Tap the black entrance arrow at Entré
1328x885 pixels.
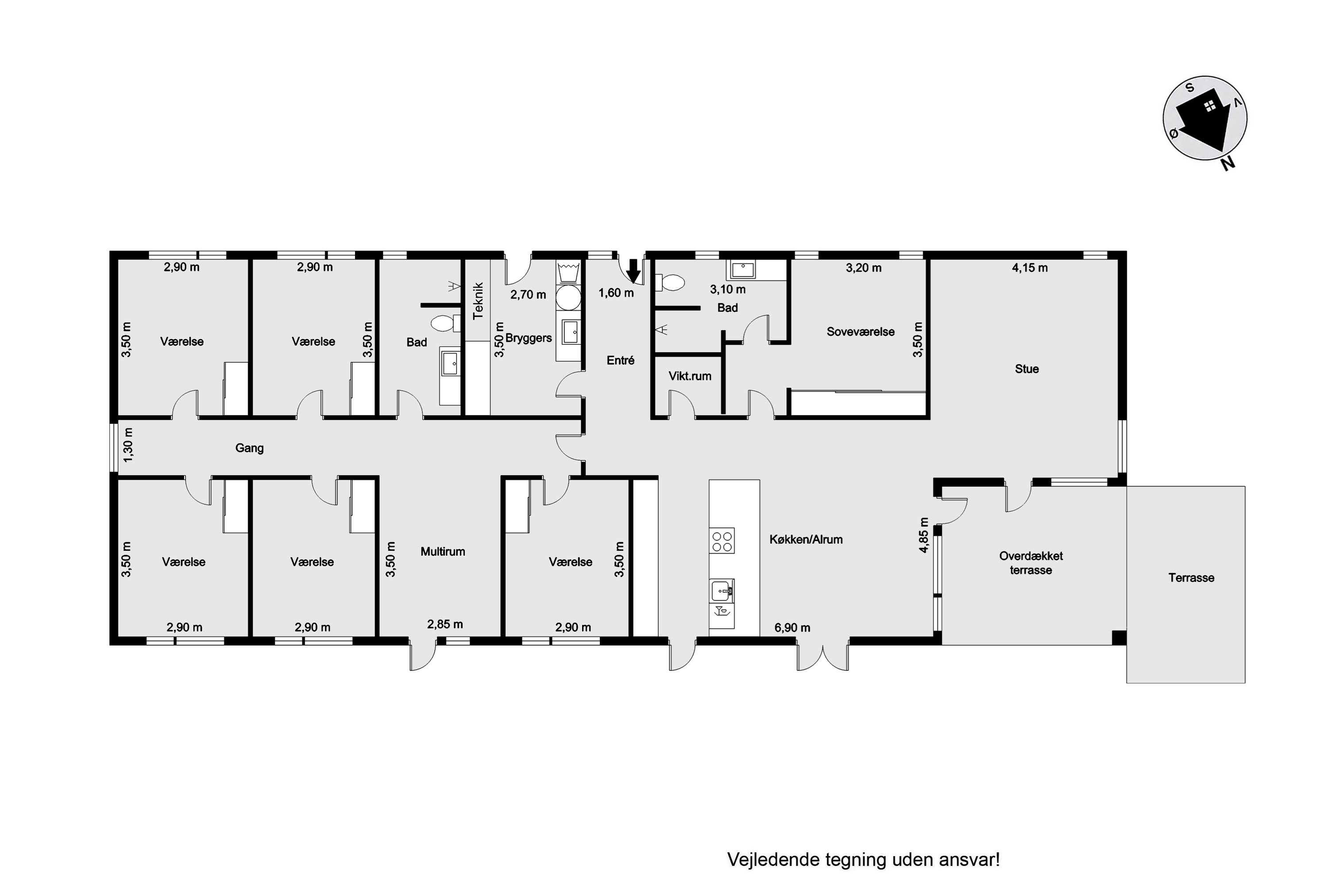coord(633,270)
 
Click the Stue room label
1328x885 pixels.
coord(1027,369)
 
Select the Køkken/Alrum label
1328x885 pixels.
coord(806,539)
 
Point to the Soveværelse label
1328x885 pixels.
coord(861,332)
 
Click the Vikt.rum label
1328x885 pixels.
coord(690,376)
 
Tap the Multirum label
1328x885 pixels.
coord(443,551)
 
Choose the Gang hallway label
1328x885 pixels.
coord(249,448)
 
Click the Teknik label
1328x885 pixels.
coord(478,301)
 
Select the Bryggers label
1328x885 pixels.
coord(529,338)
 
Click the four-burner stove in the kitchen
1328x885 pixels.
coord(722,541)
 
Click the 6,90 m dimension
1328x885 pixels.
coord(792,627)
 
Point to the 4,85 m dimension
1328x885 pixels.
coord(924,535)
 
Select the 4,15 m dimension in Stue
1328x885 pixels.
coord(1030,268)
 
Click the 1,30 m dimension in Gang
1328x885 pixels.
coord(128,445)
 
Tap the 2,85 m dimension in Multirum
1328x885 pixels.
coord(445,624)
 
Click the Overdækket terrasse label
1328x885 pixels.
coord(1031,563)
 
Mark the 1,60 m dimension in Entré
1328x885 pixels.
coord(616,293)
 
